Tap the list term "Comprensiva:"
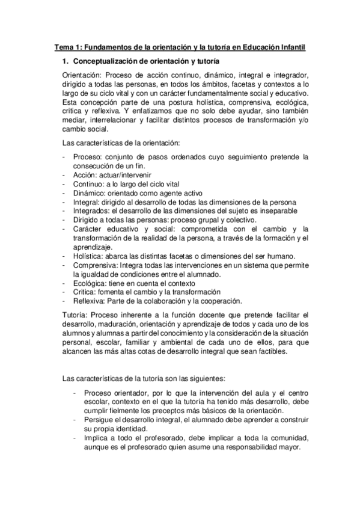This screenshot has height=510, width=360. point(96,265)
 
